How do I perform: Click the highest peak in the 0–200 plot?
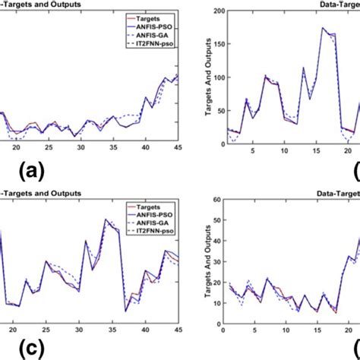[323, 28]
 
